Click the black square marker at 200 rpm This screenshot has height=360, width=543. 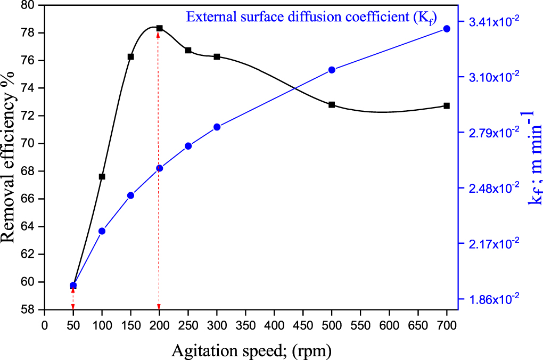(159, 28)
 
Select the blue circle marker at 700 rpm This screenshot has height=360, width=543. (447, 29)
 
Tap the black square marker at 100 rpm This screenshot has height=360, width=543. (102, 176)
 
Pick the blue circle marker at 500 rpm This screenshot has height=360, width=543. (332, 70)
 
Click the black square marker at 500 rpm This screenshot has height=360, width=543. (332, 104)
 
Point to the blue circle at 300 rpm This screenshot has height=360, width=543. (217, 127)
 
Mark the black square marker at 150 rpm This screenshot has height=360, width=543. (130, 56)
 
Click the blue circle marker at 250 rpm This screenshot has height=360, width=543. (188, 146)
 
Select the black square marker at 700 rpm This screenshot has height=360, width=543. (447, 105)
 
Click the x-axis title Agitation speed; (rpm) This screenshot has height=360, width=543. (251, 350)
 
